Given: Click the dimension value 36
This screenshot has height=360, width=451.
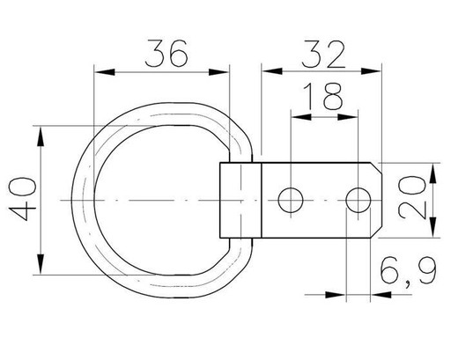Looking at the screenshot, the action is pos(166,54).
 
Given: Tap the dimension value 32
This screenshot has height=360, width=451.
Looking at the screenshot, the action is pos(323,55).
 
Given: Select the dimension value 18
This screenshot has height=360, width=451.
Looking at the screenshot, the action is pos(323,96).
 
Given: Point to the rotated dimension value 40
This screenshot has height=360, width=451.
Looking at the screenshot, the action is pos(23,200).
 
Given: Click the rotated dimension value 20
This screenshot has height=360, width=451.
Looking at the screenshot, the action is pos(412,198).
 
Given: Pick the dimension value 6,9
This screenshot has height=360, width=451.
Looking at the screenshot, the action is pos(408,271).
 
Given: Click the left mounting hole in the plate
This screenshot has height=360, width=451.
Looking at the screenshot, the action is pos(291,201).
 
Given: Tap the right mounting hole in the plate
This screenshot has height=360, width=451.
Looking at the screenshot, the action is pos(359,201).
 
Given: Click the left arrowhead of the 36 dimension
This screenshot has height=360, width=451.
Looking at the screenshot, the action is pos(104,72).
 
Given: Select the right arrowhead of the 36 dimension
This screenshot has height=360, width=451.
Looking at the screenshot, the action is pos(218,72).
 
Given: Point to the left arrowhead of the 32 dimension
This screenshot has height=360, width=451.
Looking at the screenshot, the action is pos(272,71).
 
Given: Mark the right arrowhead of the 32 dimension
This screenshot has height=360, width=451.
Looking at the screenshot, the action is pos(371,71).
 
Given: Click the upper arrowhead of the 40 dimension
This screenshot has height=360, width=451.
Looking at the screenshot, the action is pos(41,136).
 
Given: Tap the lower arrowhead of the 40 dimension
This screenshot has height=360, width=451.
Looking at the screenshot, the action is pos(41,265).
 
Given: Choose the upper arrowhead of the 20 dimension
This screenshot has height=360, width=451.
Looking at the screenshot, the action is pos(433,173).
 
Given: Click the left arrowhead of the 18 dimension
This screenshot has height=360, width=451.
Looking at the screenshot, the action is pos(301,117).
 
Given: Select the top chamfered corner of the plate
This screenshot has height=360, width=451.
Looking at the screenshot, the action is pos(376,168).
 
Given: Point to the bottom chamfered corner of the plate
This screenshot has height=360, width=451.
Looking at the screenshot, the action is pos(376,232).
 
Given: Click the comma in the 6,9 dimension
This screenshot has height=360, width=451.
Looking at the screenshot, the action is pos(409,283).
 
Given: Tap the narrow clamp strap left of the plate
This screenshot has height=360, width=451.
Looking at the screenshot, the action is pos(240,200).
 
